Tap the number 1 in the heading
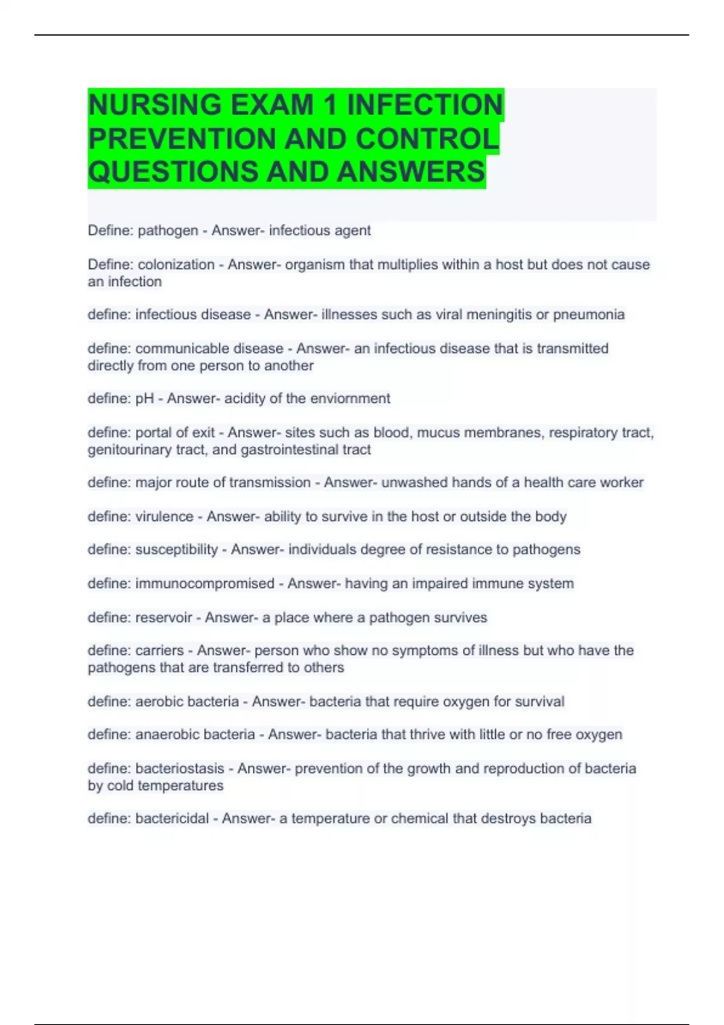pos(330,105)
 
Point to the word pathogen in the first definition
pos(168,231)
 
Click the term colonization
pos(176,265)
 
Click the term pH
pos(145,399)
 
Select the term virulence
pos(164,517)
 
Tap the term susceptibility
pos(176,550)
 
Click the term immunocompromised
pos(205,584)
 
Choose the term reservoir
pos(164,617)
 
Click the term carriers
pos(159,651)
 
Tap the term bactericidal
pos(172,819)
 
